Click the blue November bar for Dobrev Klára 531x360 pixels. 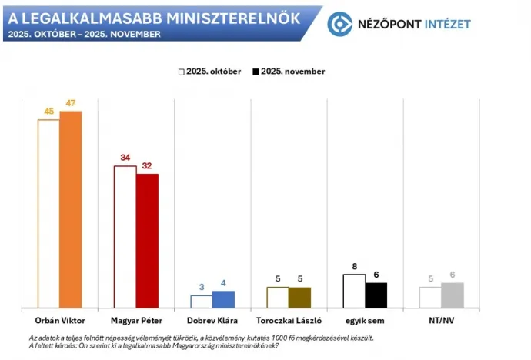(x=223, y=299)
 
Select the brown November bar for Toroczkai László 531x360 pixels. (x=299, y=298)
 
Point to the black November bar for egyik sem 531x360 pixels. (x=376, y=295)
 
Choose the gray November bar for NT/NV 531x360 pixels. (x=452, y=295)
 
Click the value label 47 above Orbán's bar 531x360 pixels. (x=71, y=103)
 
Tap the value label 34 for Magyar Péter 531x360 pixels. (x=125, y=158)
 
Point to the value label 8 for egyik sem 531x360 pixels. (x=355, y=266)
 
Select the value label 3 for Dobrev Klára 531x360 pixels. (x=202, y=287)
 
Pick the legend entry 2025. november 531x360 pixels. (x=288, y=72)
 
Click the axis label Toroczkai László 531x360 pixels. (x=289, y=320)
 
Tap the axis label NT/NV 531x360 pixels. (x=441, y=320)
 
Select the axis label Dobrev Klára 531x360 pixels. (x=212, y=320)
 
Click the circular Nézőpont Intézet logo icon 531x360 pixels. (x=339, y=23)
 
